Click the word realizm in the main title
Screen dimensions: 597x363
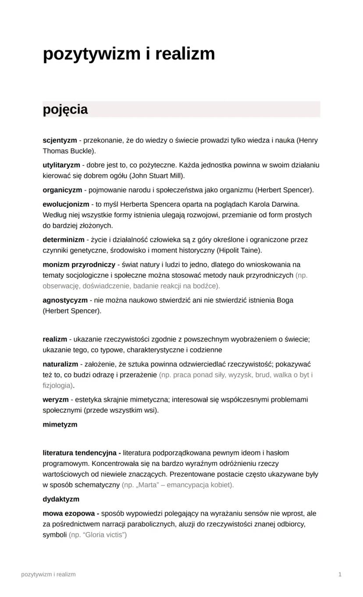(185, 54)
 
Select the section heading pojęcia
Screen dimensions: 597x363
(65, 110)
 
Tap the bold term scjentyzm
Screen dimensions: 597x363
(60, 141)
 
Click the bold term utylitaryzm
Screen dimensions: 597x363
(61, 165)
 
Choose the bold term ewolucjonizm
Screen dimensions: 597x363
(66, 204)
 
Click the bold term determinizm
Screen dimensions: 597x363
(64, 240)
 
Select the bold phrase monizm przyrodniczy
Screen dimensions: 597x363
(78, 265)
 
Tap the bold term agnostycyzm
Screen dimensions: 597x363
(65, 300)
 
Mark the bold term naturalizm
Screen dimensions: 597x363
(60, 364)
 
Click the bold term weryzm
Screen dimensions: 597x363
(56, 399)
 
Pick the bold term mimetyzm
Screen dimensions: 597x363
(60, 424)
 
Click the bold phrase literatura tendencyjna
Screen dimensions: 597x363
(82, 452)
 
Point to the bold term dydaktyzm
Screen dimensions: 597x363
(61, 499)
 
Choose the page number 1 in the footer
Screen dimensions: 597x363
(340, 574)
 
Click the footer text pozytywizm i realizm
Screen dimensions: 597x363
(48, 574)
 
